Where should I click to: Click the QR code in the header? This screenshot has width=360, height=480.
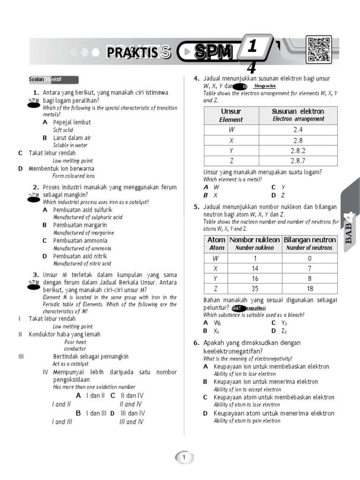point(319,50)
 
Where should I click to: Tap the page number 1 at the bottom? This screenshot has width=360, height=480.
point(184,457)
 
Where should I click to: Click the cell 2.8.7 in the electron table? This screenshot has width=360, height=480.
point(299,161)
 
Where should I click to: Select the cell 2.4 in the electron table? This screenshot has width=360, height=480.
point(299,129)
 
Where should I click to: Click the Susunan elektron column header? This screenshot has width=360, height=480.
point(299,115)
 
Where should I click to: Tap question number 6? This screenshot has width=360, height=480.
point(196,343)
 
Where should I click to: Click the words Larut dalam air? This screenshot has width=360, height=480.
point(72,138)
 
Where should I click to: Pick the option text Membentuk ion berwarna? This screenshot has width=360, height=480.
point(61,168)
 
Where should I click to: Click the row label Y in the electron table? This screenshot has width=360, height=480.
point(231,150)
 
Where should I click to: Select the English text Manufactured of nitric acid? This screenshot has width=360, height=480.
point(82,263)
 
